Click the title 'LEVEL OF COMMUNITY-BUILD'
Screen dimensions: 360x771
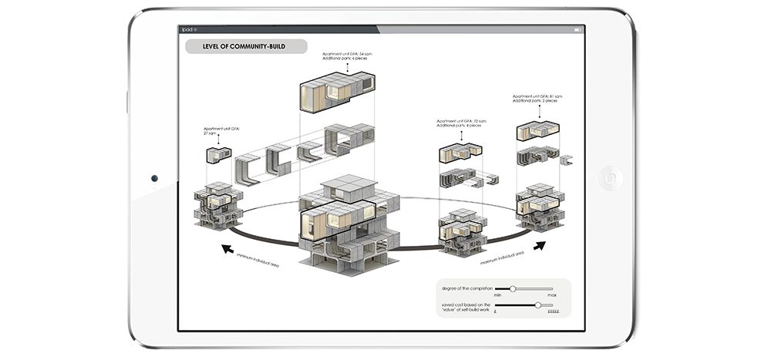point(243,46)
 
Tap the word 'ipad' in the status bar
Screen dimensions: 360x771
point(187,29)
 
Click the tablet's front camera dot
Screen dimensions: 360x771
point(154,179)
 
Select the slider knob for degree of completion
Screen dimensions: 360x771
point(513,288)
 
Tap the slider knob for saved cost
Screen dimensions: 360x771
point(537,305)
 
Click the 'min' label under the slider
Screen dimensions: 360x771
point(498,295)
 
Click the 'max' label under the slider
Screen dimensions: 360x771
point(551,295)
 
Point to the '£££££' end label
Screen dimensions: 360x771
point(553,312)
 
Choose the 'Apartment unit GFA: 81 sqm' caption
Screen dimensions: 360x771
point(537,99)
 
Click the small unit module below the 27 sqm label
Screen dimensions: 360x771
point(218,155)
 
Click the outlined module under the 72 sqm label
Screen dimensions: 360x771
point(460,153)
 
